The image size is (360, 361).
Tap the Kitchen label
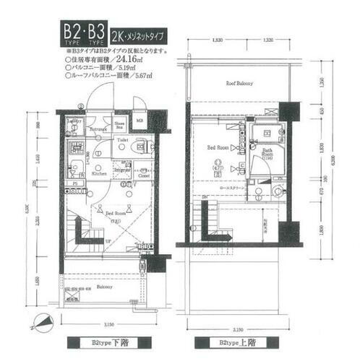100,174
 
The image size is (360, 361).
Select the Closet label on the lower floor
145,175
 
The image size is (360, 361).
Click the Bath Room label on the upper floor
267,152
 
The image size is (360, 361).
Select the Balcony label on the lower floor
106,287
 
